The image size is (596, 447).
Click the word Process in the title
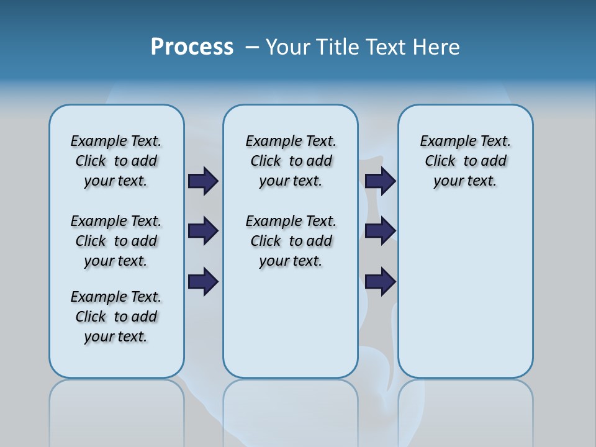pyautogui.click(x=192, y=47)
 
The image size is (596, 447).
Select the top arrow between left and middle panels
pyautogui.click(x=203, y=181)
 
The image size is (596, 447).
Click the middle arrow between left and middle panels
pyautogui.click(x=203, y=231)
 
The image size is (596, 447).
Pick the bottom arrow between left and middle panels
pyautogui.click(x=203, y=282)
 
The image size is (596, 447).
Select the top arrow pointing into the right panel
pyautogui.click(x=381, y=181)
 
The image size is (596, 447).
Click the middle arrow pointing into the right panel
pyautogui.click(x=381, y=231)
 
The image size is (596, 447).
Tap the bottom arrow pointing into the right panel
pyautogui.click(x=381, y=282)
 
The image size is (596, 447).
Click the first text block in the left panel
pyautogui.click(x=116, y=161)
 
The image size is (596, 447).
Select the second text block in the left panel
pyautogui.click(x=116, y=241)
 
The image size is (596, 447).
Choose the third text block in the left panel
pyautogui.click(x=116, y=317)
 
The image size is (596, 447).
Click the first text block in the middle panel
pyautogui.click(x=291, y=161)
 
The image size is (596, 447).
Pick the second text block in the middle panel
pyautogui.click(x=291, y=241)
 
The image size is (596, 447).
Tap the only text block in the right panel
pyautogui.click(x=465, y=161)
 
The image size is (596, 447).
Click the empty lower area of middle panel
pyautogui.click(x=291, y=323)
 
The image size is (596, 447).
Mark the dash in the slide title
pyautogui.click(x=252, y=47)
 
